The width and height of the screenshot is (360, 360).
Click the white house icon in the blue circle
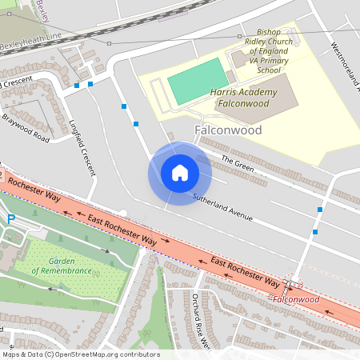[x=179, y=173]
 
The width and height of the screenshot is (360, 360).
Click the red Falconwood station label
[x=295, y=299]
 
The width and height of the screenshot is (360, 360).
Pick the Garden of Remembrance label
[x=62, y=266]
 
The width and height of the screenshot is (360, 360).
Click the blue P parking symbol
[x=10, y=219]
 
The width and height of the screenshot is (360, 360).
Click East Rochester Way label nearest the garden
[x=122, y=228]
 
